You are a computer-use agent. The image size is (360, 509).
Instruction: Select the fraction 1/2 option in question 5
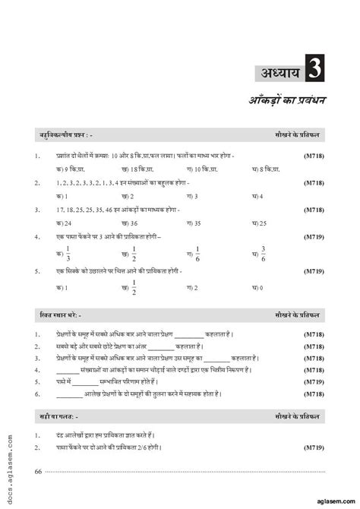134,289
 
